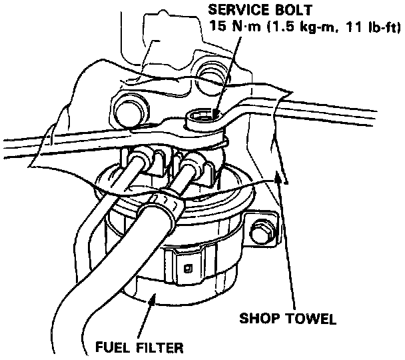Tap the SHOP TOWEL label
(288, 318)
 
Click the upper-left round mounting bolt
(128, 108)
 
